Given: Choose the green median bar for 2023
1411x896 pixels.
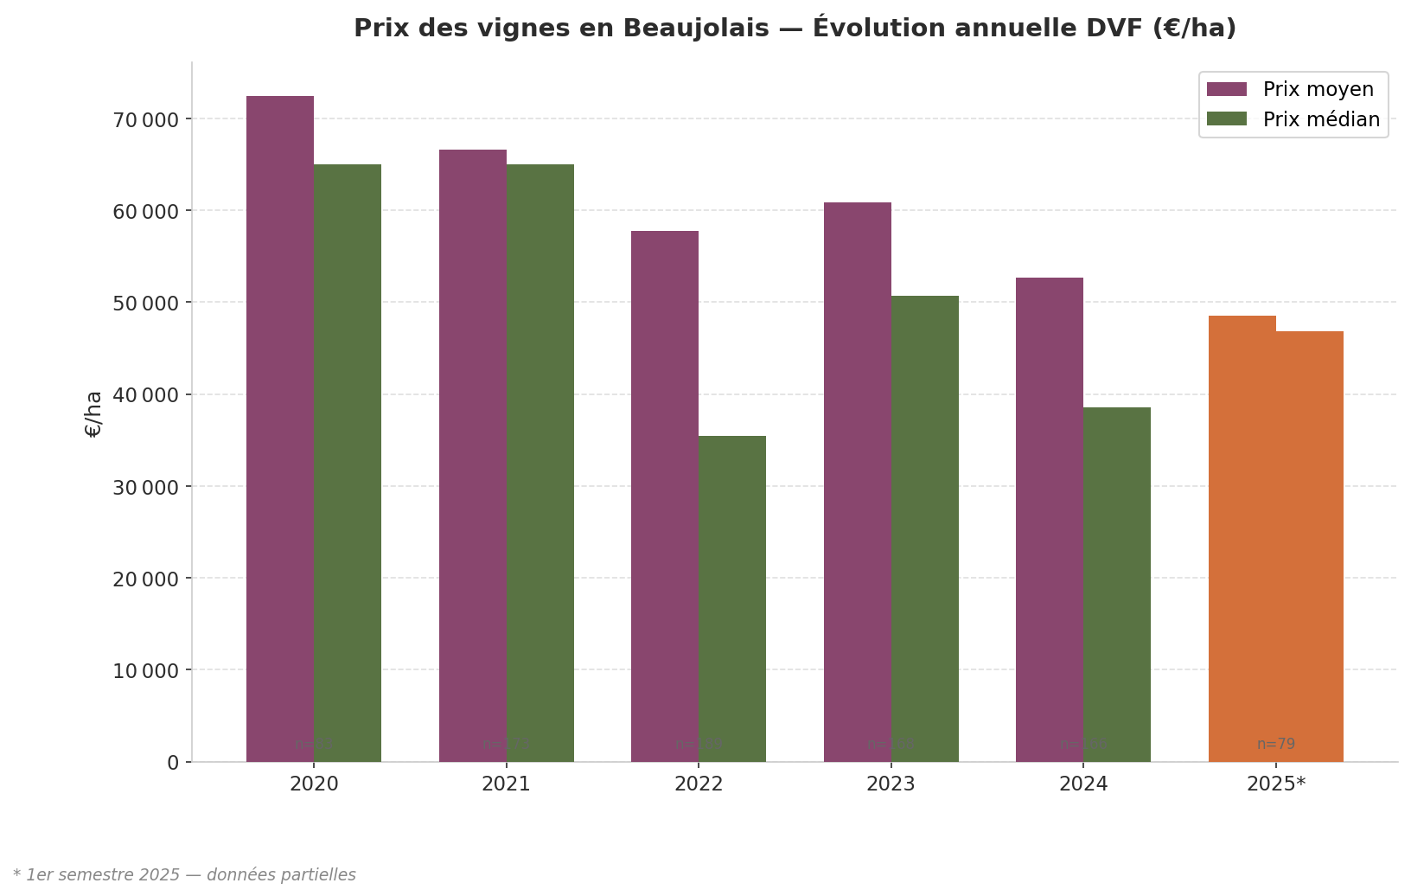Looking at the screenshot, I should (x=925, y=528).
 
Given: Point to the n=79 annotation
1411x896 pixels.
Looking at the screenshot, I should (x=1276, y=744).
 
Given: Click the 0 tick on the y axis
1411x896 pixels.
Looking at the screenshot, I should (x=173, y=762).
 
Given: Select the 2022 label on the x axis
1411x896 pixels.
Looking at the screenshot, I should (x=699, y=784).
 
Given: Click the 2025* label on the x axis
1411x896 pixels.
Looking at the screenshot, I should (x=1276, y=784).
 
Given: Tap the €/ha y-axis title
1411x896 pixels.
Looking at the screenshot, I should (x=93, y=413).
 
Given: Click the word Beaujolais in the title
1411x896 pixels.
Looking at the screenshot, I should (x=696, y=29).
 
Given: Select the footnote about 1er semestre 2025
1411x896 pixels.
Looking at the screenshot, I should (x=184, y=874).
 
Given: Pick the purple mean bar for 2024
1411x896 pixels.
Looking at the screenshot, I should (x=1049, y=519).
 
